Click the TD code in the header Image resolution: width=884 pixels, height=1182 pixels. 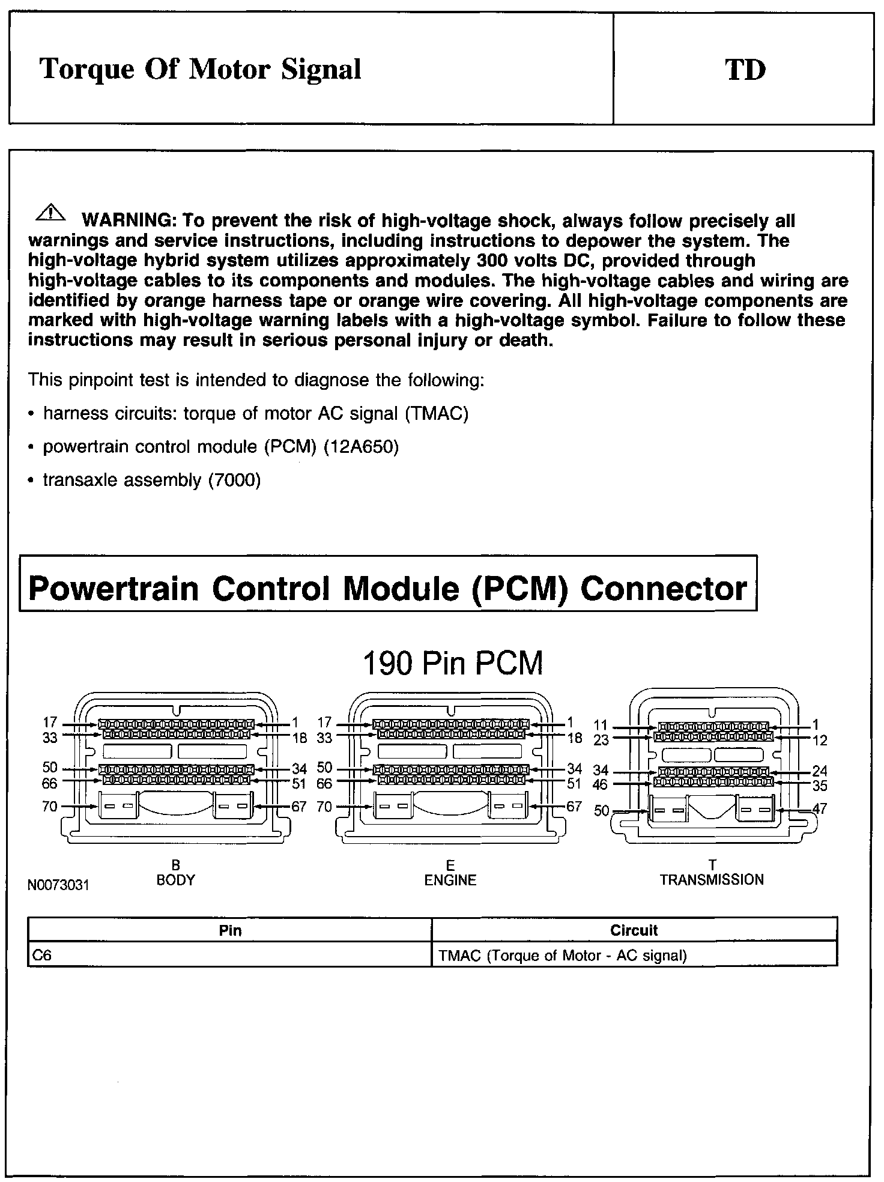[745, 70]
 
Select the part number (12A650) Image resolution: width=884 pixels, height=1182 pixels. [361, 447]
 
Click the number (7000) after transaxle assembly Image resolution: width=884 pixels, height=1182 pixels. [234, 480]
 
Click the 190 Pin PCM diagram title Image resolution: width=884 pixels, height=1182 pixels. [453, 663]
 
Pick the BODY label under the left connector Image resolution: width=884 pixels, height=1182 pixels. [175, 880]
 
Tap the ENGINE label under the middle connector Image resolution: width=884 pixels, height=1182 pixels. [450, 880]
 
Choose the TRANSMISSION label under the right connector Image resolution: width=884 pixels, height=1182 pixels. [712, 880]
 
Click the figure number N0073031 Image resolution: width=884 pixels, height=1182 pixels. [58, 885]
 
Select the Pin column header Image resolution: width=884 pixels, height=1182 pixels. [230, 930]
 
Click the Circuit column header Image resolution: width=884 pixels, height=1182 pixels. [634, 930]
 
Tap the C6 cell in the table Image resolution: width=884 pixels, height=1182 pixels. [42, 956]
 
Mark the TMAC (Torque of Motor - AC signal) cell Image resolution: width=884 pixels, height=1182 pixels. [562, 956]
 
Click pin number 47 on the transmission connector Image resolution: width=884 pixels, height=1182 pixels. [819, 808]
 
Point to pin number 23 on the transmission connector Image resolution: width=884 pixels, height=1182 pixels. [601, 741]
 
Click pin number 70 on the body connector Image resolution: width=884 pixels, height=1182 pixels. [50, 806]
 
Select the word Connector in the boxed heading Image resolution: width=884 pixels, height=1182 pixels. [664, 588]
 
